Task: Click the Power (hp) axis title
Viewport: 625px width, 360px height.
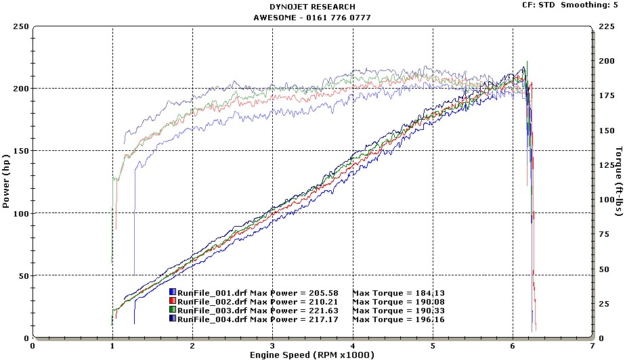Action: click(7, 182)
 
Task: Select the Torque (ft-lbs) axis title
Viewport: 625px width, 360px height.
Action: click(618, 181)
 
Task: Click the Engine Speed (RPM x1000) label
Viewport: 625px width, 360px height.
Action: click(312, 355)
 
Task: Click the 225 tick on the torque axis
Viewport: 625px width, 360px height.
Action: click(607, 26)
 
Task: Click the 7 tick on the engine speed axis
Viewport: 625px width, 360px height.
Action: click(592, 344)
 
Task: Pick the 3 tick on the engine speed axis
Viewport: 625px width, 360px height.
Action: click(273, 344)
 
